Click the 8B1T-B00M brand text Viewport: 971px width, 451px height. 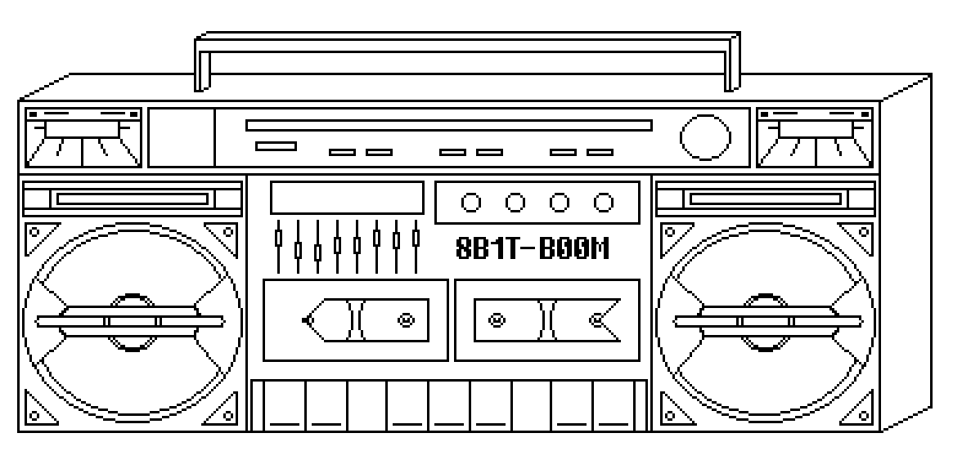(533, 248)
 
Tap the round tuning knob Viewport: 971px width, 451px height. (705, 136)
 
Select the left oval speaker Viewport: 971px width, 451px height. (132, 320)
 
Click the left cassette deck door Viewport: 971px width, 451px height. (355, 319)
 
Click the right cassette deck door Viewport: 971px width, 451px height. (547, 319)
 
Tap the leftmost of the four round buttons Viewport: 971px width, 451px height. (471, 202)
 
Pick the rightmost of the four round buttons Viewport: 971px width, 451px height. (604, 202)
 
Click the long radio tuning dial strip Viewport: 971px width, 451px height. (448, 125)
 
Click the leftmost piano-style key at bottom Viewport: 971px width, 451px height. (283, 405)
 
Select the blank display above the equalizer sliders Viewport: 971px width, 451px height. (347, 198)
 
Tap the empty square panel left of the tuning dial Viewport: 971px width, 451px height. (181, 136)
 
